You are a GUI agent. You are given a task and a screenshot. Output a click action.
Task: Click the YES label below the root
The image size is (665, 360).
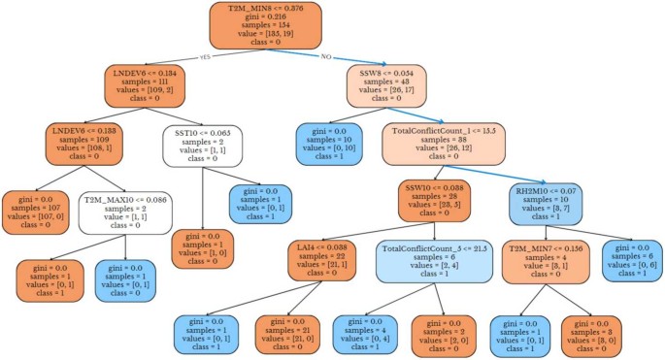coord(205,56)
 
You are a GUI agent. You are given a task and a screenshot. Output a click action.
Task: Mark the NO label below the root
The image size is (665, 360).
coord(327,56)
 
